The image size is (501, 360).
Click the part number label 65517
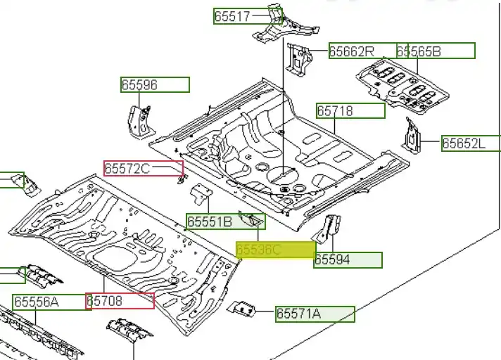(x=233, y=16)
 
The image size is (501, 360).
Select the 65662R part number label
(x=352, y=51)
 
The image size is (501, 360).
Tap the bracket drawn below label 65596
(x=138, y=121)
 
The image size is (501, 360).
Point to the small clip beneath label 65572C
(x=180, y=180)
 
